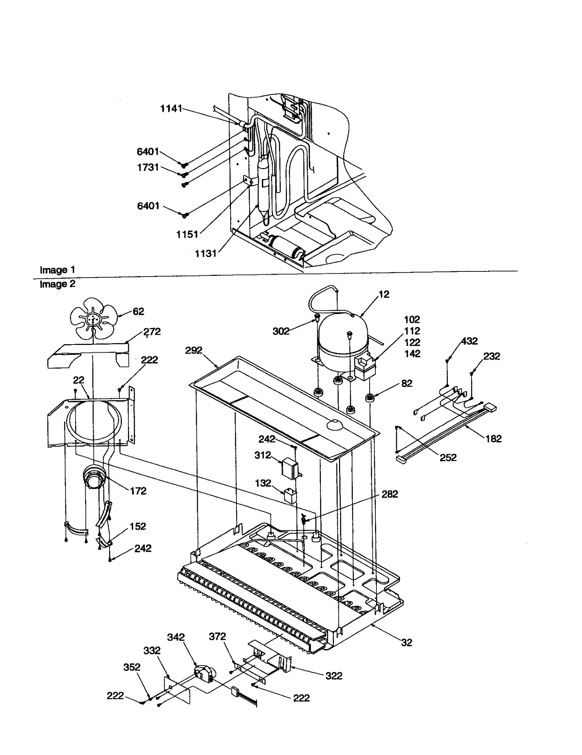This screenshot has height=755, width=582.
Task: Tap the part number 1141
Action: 171,108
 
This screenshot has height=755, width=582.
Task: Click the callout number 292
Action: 194,350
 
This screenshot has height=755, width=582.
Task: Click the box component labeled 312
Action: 290,466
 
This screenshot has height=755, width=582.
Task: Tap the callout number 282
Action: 390,494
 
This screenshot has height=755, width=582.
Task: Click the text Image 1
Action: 57,270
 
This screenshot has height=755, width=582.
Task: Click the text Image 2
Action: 57,284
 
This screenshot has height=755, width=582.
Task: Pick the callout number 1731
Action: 148,167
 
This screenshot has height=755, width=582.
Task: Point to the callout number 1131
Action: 206,254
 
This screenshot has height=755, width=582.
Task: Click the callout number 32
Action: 406,643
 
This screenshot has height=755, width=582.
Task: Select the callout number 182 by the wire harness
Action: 493,438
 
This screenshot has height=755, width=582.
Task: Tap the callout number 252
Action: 448,457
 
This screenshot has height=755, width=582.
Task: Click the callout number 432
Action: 469,341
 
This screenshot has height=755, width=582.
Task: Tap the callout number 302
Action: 281,331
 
